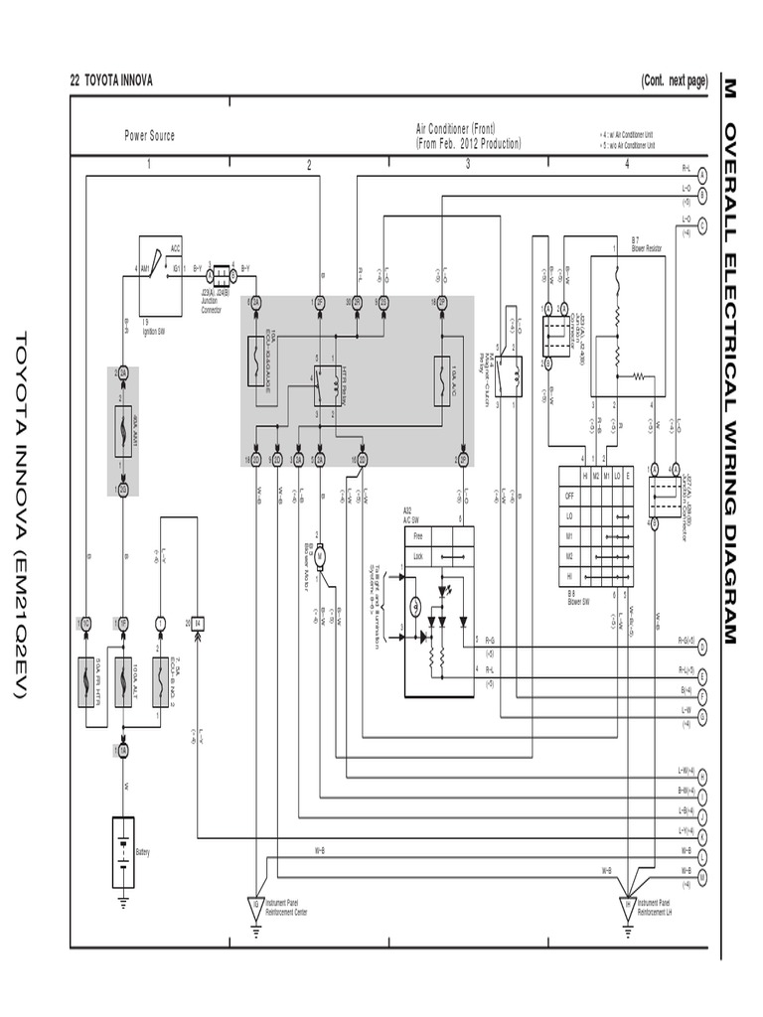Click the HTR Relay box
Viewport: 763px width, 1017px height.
tap(327, 382)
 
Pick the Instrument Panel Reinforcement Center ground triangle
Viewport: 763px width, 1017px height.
tap(256, 905)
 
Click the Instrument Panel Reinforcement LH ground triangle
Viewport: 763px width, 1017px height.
tap(627, 905)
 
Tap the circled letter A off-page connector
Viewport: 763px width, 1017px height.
tap(702, 172)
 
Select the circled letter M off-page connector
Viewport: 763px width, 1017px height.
tap(702, 876)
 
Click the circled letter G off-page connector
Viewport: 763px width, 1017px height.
tap(702, 716)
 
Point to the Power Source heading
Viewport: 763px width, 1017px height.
tap(149, 135)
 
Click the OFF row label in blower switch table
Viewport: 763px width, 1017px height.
tap(569, 496)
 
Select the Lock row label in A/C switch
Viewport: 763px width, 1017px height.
tap(417, 556)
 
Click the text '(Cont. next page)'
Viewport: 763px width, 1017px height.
tap(674, 80)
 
